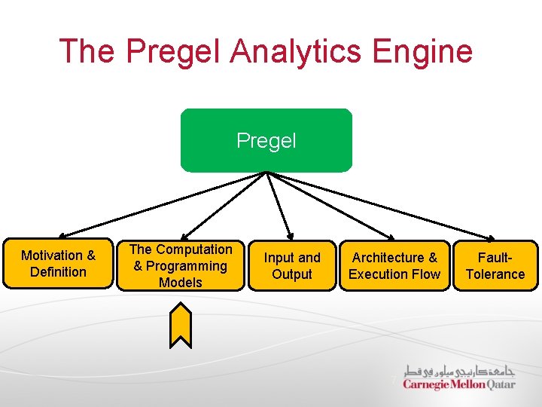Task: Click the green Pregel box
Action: tap(266, 140)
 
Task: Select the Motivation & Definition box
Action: tap(58, 264)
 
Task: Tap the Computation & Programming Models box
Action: tap(181, 265)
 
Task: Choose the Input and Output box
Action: tap(292, 265)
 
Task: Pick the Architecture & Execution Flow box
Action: tap(394, 265)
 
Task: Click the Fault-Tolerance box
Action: tap(495, 265)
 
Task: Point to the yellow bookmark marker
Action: tap(181, 325)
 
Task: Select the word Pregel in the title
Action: tap(174, 51)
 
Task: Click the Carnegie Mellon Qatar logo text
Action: tap(458, 384)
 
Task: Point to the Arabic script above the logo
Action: tap(459, 370)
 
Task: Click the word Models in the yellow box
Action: tap(181, 283)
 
